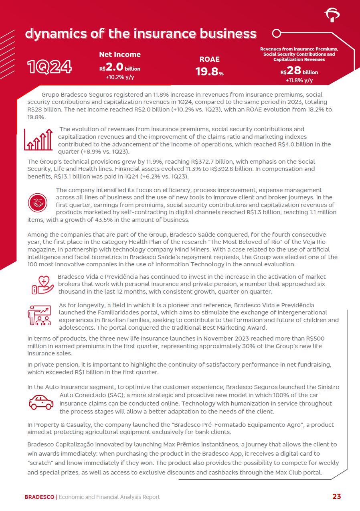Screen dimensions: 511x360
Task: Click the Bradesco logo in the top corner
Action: pyautogui.click(x=332, y=15)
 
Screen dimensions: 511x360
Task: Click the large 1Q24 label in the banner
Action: pyautogui.click(x=49, y=67)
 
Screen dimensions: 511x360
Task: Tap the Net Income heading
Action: pyautogui.click(x=120, y=55)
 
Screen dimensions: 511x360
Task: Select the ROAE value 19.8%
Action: pyautogui.click(x=209, y=72)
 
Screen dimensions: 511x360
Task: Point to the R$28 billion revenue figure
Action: pyautogui.click(x=299, y=71)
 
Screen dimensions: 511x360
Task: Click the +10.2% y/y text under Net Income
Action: pyautogui.click(x=120, y=77)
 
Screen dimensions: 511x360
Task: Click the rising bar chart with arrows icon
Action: pyautogui.click(x=38, y=140)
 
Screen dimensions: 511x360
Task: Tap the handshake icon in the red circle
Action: pyautogui.click(x=38, y=203)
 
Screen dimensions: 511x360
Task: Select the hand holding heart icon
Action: pyautogui.click(x=42, y=285)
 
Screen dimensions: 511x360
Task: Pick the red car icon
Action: pyautogui.click(x=41, y=402)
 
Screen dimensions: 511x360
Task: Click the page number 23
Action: pyautogui.click(x=336, y=497)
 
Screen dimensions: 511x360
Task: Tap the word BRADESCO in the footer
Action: pyautogui.click(x=39, y=497)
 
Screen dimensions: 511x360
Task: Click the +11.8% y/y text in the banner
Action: pyautogui.click(x=299, y=80)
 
